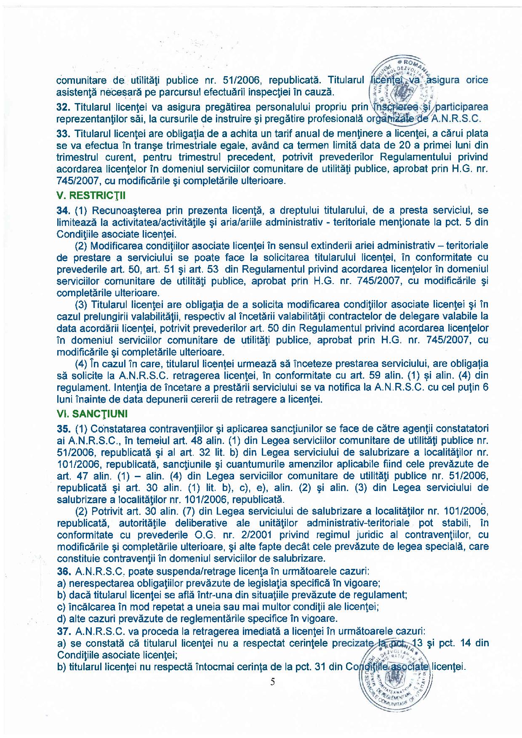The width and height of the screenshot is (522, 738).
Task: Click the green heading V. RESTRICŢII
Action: coord(91,196)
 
